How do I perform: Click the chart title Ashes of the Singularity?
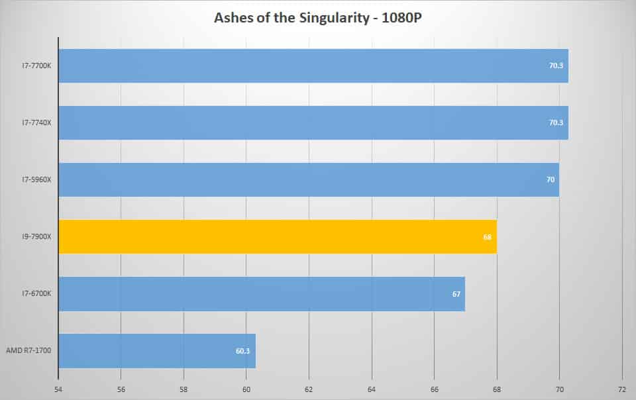(291, 18)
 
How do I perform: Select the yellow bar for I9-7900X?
(278, 236)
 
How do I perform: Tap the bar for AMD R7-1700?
(158, 350)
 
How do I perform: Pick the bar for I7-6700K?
(262, 294)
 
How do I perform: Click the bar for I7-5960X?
(309, 179)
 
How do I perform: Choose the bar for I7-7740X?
(313, 123)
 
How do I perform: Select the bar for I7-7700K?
(313, 66)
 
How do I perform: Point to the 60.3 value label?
(242, 351)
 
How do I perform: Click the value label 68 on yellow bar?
(487, 237)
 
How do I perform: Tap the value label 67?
(456, 294)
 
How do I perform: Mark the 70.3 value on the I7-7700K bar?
(556, 66)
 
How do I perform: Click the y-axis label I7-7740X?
(36, 123)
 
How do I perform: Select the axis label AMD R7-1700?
(28, 350)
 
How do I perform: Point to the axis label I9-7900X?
(36, 236)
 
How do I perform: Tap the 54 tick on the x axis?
(58, 389)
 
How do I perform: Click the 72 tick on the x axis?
(622, 389)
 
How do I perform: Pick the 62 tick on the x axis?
(309, 389)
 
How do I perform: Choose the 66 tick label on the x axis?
(434, 389)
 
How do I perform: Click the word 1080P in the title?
(401, 18)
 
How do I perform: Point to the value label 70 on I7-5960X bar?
(550, 179)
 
